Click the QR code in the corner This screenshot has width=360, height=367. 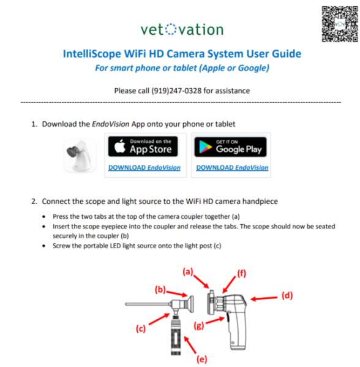point(337,24)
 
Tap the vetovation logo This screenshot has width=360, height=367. point(182,29)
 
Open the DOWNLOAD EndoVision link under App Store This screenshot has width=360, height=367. point(144,168)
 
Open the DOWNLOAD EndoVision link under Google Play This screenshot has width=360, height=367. point(232,168)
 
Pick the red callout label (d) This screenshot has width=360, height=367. point(287,295)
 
